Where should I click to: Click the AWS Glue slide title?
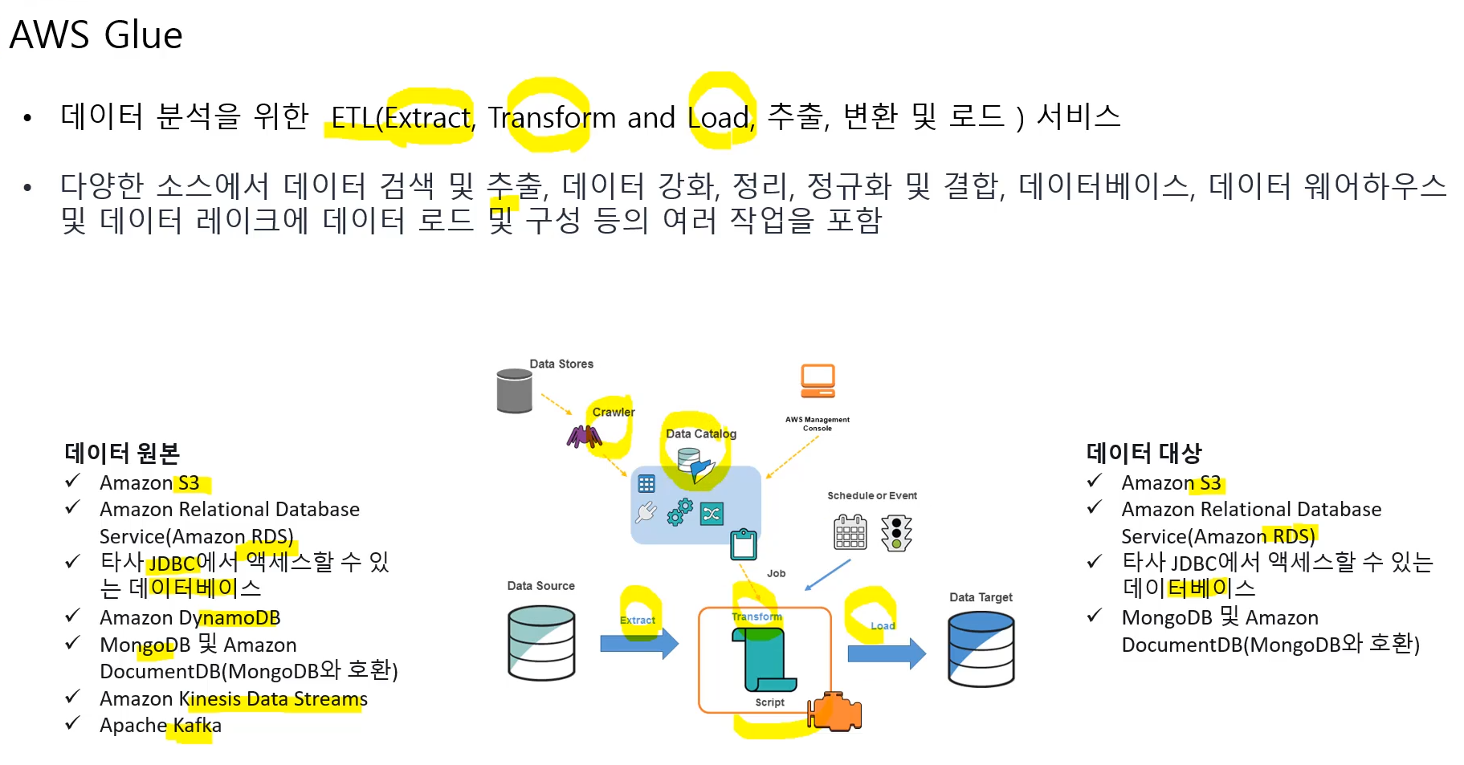pos(96,35)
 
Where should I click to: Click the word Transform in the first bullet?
pos(552,118)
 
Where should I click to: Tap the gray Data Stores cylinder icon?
pos(514,391)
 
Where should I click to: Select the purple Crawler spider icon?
pos(584,436)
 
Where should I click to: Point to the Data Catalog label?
pos(700,433)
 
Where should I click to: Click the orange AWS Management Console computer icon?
pos(818,381)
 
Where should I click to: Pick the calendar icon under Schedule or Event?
pos(850,532)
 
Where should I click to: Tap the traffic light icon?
pos(896,533)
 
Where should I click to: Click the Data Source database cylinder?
pos(541,643)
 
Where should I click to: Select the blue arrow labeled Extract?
pos(638,643)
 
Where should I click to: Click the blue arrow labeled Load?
pos(886,653)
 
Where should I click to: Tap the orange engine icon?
pos(836,711)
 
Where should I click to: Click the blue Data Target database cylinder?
pos(981,649)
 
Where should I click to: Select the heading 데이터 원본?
pos(122,454)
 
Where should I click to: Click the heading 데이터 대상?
pos(1144,454)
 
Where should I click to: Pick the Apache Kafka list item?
pos(161,726)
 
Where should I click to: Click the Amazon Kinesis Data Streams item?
pos(234,699)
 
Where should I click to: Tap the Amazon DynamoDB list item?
pos(190,618)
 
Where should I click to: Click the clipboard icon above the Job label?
pos(744,544)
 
